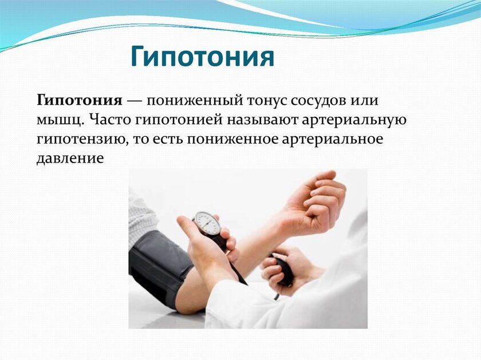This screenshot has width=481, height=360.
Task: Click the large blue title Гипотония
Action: [203, 57]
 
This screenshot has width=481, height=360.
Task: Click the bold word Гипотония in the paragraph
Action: [80, 100]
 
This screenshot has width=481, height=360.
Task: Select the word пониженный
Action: [195, 101]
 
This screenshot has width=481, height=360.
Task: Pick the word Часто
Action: [110, 120]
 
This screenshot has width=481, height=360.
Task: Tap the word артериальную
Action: [354, 120]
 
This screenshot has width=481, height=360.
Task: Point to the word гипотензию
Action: [82, 140]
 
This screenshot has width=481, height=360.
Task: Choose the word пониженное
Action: [233, 139]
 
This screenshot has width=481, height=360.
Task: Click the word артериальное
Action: [333, 139]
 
